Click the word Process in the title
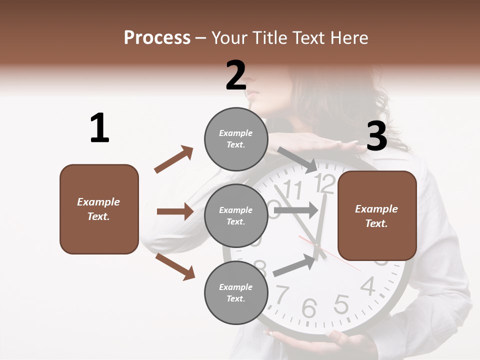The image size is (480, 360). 157,38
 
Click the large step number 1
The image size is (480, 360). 99,128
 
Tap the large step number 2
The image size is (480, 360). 236,75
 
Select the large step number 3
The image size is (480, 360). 376,136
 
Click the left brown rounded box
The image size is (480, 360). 99,209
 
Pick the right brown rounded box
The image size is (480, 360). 377,215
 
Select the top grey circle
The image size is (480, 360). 235,139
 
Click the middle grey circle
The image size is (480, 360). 235,215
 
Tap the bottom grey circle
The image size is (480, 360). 235,292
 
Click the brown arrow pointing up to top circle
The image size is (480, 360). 174,159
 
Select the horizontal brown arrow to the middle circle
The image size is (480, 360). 175,211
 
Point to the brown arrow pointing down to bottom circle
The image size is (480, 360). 175,266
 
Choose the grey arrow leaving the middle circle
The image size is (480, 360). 296,210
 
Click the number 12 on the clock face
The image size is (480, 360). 325,183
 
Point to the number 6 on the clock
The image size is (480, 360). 309,308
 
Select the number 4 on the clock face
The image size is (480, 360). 368,286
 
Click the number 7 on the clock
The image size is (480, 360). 282,294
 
